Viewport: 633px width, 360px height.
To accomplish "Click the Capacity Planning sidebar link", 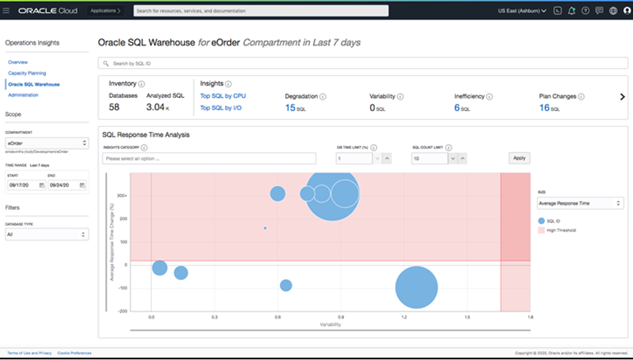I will [27, 73].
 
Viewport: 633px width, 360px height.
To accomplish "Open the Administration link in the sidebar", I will [23, 95].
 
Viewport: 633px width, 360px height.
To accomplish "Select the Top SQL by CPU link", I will [223, 96].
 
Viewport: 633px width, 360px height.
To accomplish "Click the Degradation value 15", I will [290, 108].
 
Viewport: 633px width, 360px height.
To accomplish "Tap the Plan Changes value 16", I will [544, 108].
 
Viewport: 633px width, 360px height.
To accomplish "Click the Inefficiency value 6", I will [457, 108].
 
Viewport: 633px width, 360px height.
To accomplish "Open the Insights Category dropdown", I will [209, 159].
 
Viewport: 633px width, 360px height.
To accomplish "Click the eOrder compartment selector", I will [47, 143].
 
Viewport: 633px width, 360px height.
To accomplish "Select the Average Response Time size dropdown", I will [580, 203].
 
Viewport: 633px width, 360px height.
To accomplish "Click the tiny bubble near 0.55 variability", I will [265, 228].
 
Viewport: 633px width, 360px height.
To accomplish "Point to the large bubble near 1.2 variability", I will [417, 287].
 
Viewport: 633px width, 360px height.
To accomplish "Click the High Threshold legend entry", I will [560, 231].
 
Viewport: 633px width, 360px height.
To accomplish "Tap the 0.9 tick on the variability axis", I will [341, 317].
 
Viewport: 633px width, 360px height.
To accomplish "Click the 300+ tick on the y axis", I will [122, 195].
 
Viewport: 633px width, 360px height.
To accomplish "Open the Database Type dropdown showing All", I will [47, 234].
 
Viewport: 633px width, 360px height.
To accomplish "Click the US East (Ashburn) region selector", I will [522, 10].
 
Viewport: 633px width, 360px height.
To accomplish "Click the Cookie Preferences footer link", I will [74, 353].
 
